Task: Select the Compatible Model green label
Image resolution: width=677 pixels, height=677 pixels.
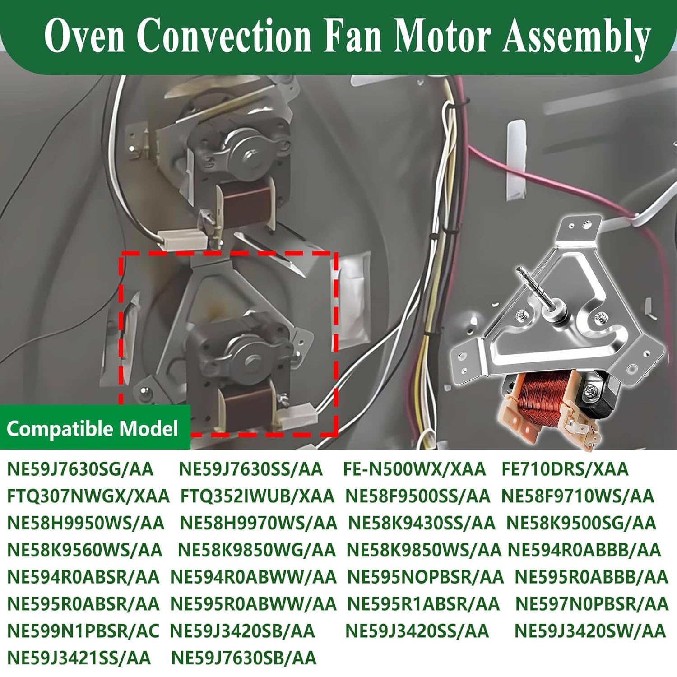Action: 93,428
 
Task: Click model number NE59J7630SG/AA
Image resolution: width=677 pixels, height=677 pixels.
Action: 80,469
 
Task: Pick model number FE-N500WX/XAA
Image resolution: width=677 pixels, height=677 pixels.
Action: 414,469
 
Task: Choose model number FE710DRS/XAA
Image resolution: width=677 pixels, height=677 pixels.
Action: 565,469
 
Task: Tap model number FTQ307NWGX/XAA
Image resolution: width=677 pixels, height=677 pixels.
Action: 88,496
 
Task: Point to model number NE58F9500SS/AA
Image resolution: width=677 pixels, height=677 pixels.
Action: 417,496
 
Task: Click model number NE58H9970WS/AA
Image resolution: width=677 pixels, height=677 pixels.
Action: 258,523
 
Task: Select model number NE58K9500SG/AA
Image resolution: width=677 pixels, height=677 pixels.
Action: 581,523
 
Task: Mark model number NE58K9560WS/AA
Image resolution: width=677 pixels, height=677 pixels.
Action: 85,550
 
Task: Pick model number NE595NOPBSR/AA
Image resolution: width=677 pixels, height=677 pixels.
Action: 425,577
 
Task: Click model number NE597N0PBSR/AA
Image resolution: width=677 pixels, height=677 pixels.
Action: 591,604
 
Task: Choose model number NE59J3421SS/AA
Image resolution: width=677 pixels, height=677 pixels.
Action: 79,658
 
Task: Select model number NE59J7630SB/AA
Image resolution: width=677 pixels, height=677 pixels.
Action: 244,658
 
